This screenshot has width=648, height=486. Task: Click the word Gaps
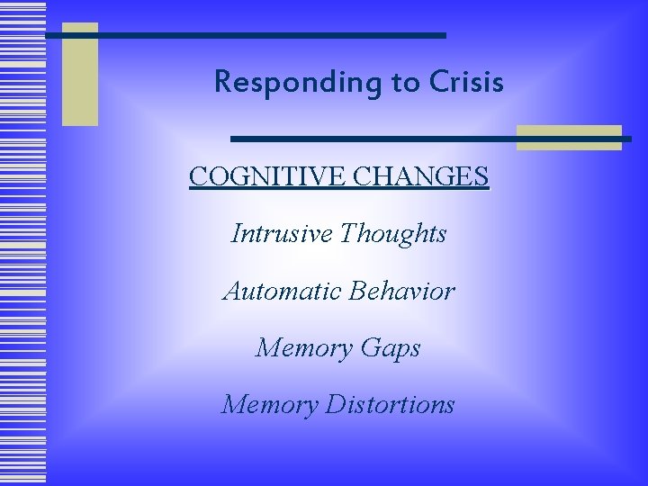388,348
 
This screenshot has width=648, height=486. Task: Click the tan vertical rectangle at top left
79,74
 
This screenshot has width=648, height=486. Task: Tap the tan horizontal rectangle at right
569,137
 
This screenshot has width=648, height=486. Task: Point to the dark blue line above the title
246,35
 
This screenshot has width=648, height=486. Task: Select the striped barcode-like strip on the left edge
22,243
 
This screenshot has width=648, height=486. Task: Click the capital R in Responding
223,83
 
